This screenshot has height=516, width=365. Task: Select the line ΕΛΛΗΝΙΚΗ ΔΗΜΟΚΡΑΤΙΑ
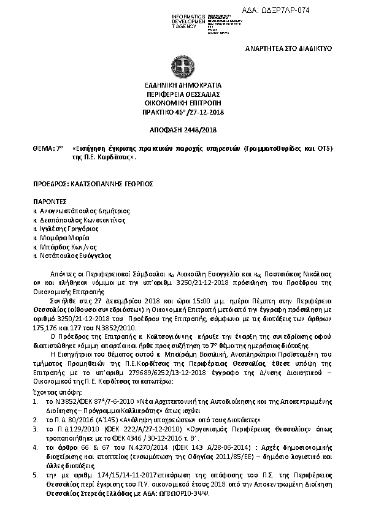(182, 85)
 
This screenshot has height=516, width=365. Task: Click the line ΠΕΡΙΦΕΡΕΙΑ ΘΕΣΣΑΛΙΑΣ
(182, 94)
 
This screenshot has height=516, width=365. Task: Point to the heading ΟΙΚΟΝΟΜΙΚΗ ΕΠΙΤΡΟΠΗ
(182, 104)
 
